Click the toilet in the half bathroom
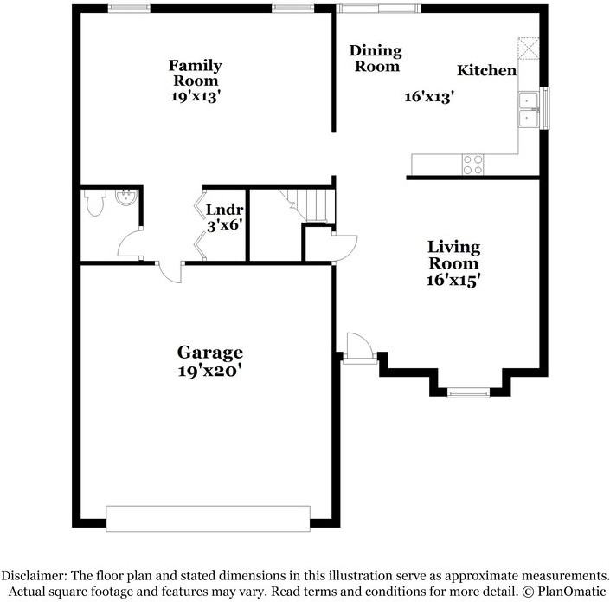95,202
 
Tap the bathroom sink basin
126,197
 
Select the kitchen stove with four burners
472,165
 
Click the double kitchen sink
528,109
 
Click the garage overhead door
209,518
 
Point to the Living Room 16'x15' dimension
453,280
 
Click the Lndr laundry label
224,210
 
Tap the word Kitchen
486,70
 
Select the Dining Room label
376,58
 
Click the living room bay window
468,392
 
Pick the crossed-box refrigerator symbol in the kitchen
529,48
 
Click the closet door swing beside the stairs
345,248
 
